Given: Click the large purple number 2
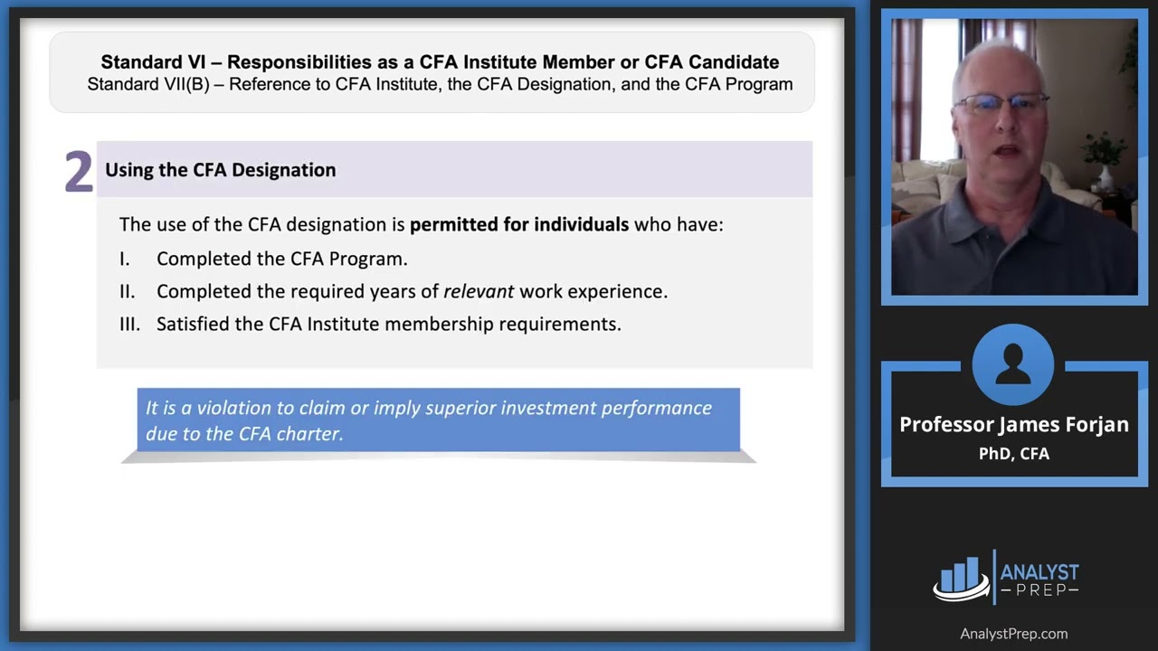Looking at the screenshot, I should tap(79, 172).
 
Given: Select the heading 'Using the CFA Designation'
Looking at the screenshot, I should tap(220, 170).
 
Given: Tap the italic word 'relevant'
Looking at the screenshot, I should tap(478, 291).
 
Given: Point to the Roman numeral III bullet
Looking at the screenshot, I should tap(129, 324).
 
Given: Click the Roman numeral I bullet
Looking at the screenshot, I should tap(124, 259).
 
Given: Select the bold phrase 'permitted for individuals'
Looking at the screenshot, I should tap(519, 224).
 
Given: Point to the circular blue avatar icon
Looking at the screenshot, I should tap(1013, 365).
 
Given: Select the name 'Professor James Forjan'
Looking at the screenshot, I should tap(1013, 425).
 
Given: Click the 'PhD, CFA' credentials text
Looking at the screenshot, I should tap(1013, 454).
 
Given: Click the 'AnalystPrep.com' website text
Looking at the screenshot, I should tap(1013, 634).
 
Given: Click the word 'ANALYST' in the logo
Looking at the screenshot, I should tap(1039, 572).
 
